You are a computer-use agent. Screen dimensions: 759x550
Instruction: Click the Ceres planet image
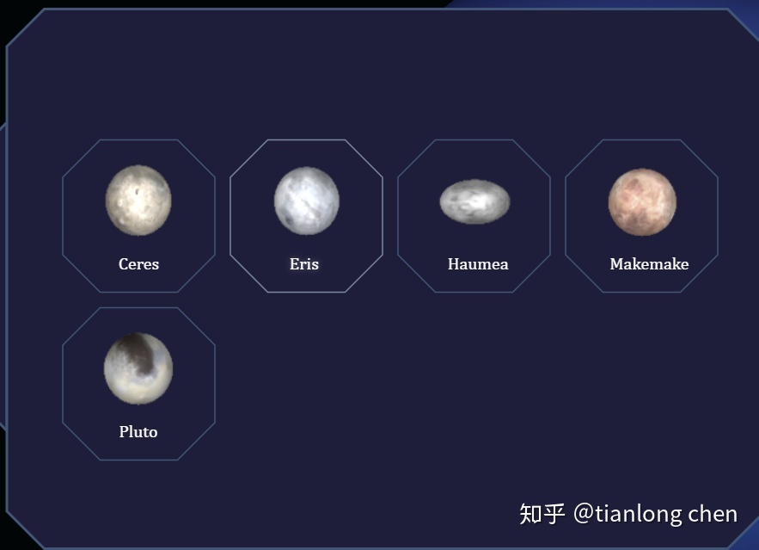tap(138, 201)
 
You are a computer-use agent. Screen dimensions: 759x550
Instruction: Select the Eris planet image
tap(306, 201)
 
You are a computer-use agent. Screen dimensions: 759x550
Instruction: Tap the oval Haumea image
tap(474, 201)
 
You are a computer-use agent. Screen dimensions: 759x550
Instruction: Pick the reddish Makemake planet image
tap(642, 202)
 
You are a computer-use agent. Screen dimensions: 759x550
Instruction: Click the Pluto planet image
tap(138, 368)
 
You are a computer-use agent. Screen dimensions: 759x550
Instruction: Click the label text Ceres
tap(139, 264)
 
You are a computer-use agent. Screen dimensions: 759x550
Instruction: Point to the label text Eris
tap(304, 264)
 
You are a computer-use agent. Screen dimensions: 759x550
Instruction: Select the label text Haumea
tap(478, 264)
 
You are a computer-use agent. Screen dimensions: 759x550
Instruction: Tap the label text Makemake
tap(649, 264)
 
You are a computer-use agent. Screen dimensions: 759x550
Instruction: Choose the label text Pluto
tap(138, 432)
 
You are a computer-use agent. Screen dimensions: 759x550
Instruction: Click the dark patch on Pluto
tap(138, 354)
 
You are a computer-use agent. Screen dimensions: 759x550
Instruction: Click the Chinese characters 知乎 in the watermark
tap(542, 514)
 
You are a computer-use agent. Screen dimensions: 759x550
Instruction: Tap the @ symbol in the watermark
tap(584, 514)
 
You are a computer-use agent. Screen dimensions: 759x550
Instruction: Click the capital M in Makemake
tap(616, 264)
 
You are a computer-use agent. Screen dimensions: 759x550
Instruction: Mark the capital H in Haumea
tap(454, 264)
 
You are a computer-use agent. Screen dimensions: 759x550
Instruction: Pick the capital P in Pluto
tap(124, 432)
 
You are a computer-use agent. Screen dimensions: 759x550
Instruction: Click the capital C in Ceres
tap(124, 264)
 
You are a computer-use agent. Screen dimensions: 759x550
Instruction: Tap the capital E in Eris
tap(294, 264)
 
